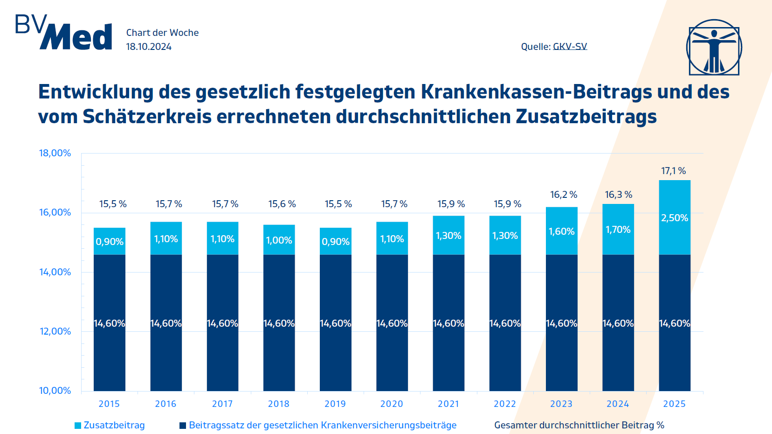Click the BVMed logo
point(64,33)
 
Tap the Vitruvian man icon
point(714,47)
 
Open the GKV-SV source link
point(570,47)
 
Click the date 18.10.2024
point(149,47)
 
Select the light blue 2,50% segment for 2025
point(674,217)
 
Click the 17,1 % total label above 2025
point(673,171)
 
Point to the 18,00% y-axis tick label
point(55,153)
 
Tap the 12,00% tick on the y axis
point(55,331)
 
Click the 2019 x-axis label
point(335,404)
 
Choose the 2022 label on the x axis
point(505,404)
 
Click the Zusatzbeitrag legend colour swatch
point(78,426)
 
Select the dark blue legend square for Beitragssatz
point(183,426)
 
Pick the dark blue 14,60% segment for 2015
point(109,323)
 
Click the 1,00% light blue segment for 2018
point(279,240)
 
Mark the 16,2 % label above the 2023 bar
point(564,195)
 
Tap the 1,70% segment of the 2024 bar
point(618,230)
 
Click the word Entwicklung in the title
point(96,92)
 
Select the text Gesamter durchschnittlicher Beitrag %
point(579,425)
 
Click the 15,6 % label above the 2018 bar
point(282,204)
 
